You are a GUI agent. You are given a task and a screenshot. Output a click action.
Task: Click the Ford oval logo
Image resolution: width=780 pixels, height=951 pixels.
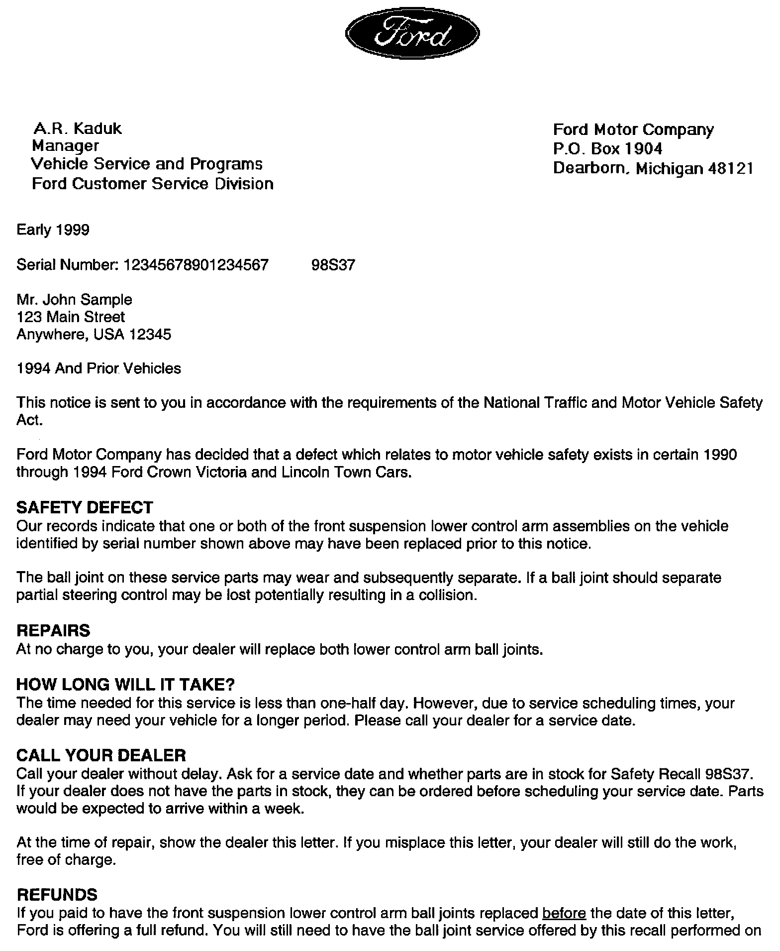pos(412,33)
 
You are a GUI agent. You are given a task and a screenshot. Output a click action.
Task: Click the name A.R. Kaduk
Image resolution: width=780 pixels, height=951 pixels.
pos(77,128)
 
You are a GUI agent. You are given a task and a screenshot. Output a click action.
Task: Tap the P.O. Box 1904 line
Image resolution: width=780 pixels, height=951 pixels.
pos(607,149)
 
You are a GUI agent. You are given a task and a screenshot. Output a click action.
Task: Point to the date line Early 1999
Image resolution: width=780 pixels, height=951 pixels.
pos(53,230)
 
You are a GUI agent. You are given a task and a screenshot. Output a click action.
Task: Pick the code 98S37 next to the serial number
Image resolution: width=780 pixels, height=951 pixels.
pos(333,264)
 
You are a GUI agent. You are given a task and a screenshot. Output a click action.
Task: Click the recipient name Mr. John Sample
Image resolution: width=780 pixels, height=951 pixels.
pos(75,300)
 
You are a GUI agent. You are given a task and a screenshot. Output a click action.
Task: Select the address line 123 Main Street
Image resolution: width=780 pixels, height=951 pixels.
pos(71,317)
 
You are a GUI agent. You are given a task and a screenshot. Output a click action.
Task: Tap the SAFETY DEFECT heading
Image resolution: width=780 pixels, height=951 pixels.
pos(85,507)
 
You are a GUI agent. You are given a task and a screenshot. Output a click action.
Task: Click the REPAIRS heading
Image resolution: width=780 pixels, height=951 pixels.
pos(53,630)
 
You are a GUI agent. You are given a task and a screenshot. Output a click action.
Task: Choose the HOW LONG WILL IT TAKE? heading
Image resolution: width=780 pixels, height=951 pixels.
pos(125,685)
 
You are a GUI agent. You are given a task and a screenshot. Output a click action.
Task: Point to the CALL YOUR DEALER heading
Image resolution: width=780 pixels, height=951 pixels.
pos(101,755)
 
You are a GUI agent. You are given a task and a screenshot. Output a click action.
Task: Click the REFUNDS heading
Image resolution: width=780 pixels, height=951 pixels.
pos(57,894)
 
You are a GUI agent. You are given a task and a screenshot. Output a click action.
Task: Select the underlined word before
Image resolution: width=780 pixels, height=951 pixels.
pos(564,913)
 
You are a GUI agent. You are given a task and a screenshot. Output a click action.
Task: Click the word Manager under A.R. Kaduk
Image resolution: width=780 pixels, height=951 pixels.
pos(65,146)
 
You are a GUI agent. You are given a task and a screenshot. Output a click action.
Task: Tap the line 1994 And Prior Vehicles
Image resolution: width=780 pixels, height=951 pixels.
pos(98,368)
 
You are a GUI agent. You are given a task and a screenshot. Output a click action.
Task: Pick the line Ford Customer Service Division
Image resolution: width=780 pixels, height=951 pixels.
pos(152,184)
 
